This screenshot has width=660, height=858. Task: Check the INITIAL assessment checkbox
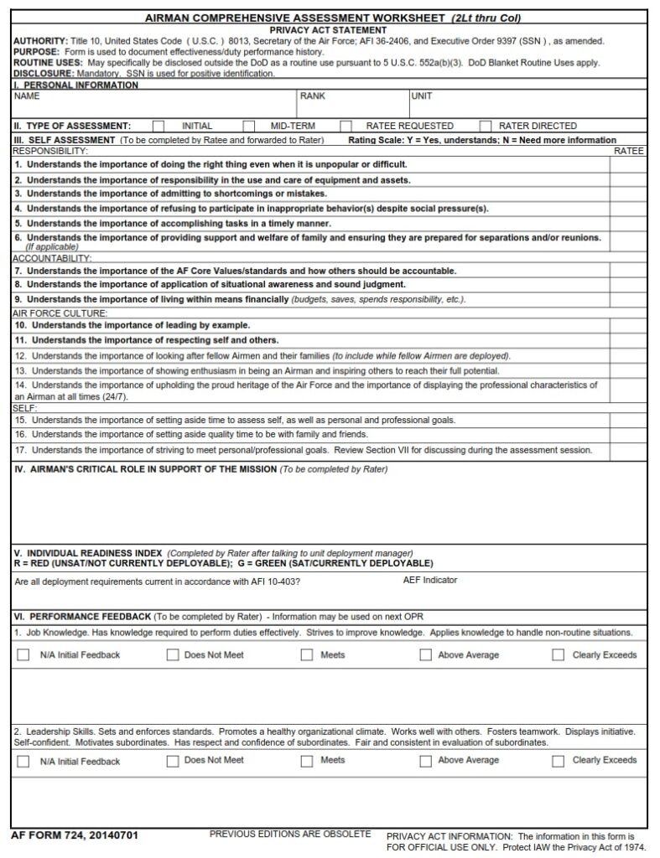pos(158,126)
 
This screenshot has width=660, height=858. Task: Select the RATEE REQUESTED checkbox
pos(346,126)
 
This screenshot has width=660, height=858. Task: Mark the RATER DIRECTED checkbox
pos(485,126)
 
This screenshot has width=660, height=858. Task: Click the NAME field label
pos(27,96)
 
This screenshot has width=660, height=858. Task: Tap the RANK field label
pos(312,96)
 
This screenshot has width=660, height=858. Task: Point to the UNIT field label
pos(422,96)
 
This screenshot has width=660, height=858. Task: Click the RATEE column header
pos(629,151)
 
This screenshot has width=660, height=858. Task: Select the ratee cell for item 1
pos(628,164)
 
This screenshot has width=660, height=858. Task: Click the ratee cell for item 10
pos(628,324)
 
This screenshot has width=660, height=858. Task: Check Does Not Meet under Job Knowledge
pos(173,655)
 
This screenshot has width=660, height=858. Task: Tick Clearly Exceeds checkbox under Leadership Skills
pos(558,761)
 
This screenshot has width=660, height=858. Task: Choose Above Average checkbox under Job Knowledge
pos(425,655)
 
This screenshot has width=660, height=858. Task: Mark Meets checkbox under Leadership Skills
pos(307,761)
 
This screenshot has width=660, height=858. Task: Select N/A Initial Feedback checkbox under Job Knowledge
pos(23,655)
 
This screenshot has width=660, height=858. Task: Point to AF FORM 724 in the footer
pos(75,835)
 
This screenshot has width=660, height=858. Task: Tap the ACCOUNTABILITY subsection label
pos(52,258)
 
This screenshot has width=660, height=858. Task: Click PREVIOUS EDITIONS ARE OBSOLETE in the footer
pos(289,835)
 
